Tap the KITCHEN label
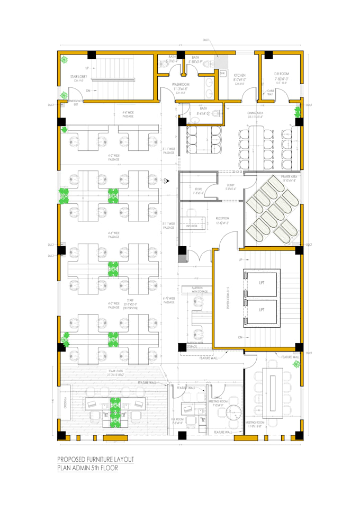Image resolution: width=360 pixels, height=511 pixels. click(x=239, y=76)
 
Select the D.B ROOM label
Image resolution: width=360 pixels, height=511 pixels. click(x=281, y=74)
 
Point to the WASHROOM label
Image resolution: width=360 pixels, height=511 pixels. click(x=181, y=84)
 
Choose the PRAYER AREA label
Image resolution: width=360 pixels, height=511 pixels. click(x=289, y=177)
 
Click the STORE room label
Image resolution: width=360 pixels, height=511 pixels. click(x=198, y=189)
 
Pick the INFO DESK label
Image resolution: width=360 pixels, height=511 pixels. click(x=192, y=226)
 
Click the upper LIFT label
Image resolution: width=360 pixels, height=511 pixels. click(x=261, y=282)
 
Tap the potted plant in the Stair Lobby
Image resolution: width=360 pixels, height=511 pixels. click(x=65, y=60)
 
